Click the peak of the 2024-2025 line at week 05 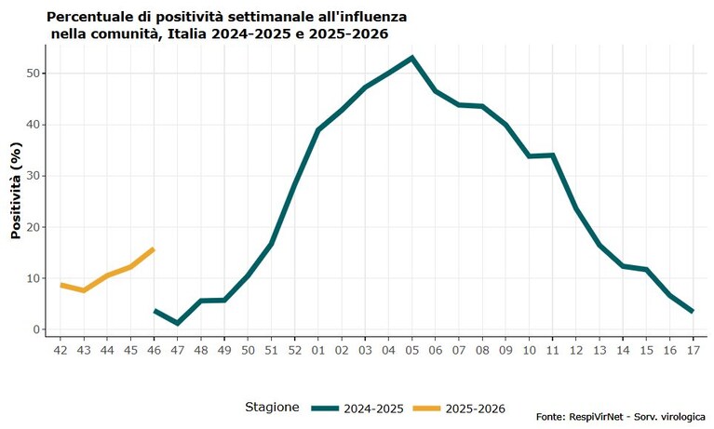412,58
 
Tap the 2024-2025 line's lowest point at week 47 177,323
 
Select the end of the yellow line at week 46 154,249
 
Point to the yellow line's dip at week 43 84,290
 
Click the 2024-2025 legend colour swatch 325,409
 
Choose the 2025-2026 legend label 476,409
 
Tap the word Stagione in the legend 272,408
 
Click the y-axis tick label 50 34,74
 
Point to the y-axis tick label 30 34,176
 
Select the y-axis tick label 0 37,329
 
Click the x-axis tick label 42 61,350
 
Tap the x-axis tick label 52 294,350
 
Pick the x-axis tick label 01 317,350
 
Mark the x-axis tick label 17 693,350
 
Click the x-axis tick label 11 552,350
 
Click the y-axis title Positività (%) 17,191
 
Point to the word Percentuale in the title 87,18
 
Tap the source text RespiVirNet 595,417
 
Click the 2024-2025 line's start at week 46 155,311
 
